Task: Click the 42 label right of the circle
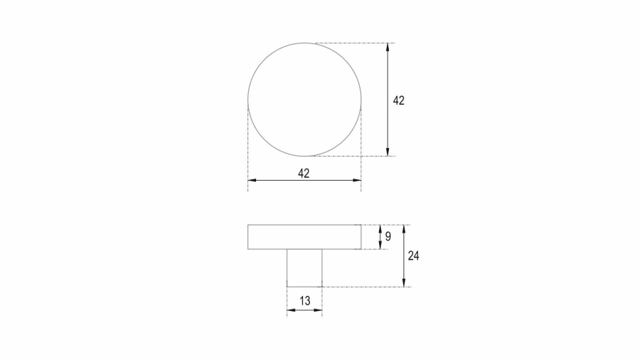click(x=398, y=100)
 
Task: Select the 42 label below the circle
click(x=304, y=174)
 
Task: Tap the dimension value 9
click(x=388, y=236)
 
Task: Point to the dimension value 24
click(x=413, y=256)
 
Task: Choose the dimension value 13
click(x=305, y=301)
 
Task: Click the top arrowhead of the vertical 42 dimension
click(x=388, y=47)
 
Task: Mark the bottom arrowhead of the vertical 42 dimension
click(x=388, y=152)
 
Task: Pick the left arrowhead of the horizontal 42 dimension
click(x=252, y=180)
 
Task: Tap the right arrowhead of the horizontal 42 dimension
click(x=357, y=180)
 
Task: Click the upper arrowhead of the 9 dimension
click(x=380, y=228)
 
